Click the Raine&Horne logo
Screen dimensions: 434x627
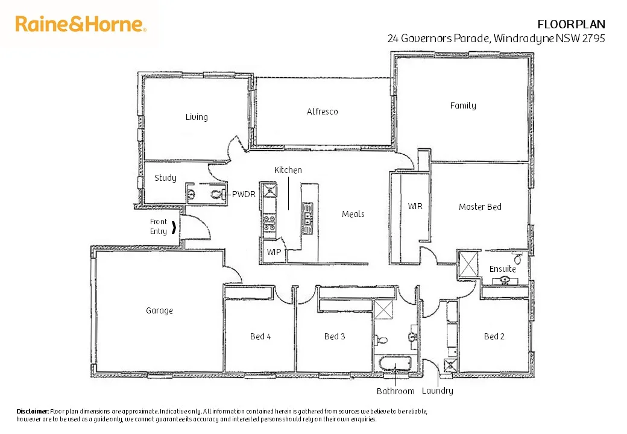(x=81, y=24)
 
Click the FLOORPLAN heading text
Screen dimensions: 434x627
(x=571, y=24)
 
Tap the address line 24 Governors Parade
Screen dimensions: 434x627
(x=496, y=38)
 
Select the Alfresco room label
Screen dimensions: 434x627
(x=322, y=112)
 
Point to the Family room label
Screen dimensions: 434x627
(x=463, y=105)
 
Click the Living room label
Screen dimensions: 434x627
(x=197, y=117)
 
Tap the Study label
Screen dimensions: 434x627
(x=165, y=178)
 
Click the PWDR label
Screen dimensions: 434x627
(x=244, y=194)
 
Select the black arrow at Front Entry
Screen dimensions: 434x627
(x=175, y=228)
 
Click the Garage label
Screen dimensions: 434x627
(x=159, y=310)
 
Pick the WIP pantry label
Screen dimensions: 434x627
(x=273, y=251)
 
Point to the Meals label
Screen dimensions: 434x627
(x=353, y=214)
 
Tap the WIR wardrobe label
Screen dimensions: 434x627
(x=415, y=206)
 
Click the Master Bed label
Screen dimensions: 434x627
(x=480, y=207)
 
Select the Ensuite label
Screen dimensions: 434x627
(x=502, y=269)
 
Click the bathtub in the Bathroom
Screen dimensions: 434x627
(x=395, y=364)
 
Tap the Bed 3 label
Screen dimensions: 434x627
(x=335, y=336)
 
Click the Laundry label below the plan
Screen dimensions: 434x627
(x=437, y=391)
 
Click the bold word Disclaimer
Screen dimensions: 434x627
(x=33, y=411)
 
